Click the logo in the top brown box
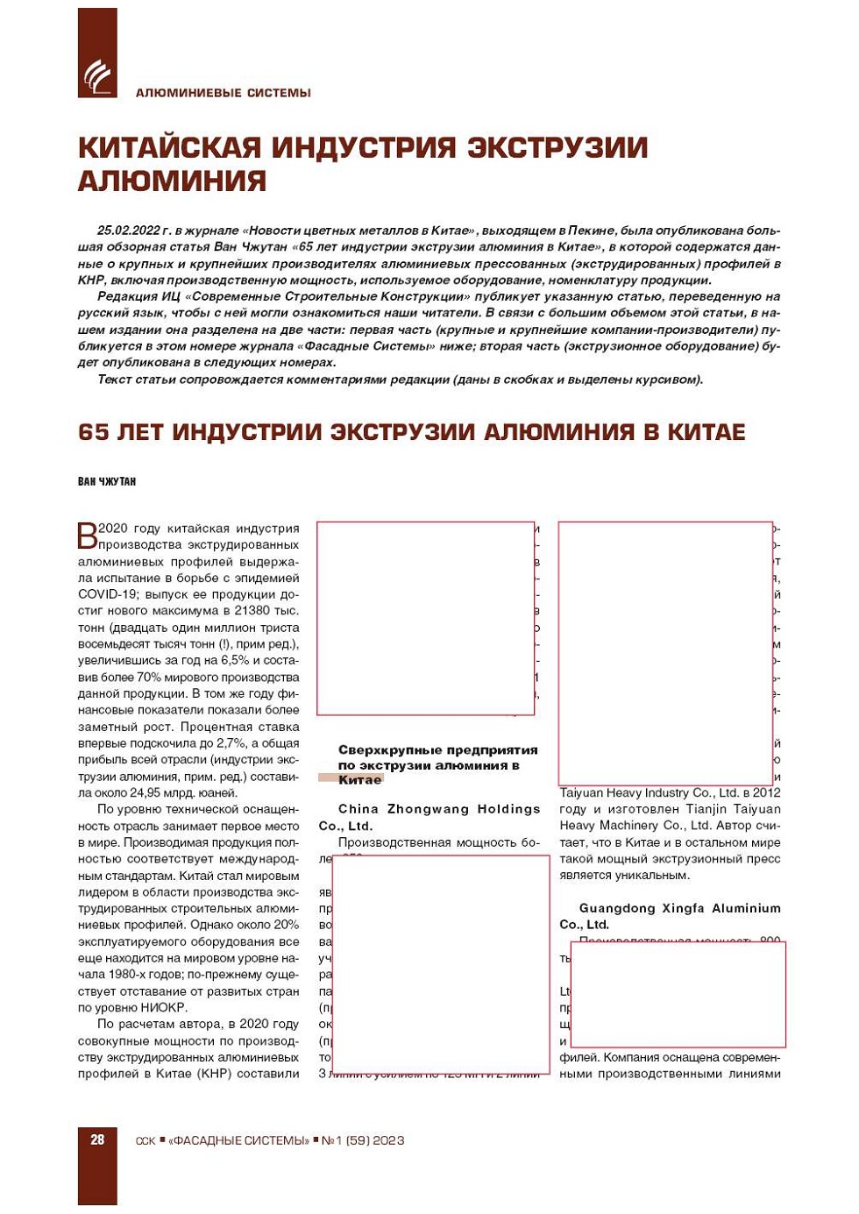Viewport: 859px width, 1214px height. pyautogui.click(x=97, y=76)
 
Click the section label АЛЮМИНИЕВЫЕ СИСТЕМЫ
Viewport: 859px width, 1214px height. pyautogui.click(x=223, y=93)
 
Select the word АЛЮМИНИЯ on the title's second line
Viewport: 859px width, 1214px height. pyautogui.click(x=172, y=181)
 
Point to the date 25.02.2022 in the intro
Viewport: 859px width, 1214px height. pyautogui.click(x=128, y=231)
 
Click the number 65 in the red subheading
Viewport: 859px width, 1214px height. pyautogui.click(x=93, y=432)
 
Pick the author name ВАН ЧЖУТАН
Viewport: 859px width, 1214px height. pyautogui.click(x=107, y=481)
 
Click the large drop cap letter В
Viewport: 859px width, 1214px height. pyautogui.click(x=88, y=535)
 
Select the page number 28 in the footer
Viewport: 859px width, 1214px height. pyautogui.click(x=97, y=1139)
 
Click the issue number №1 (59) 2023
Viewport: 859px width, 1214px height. pyautogui.click(x=363, y=1140)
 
